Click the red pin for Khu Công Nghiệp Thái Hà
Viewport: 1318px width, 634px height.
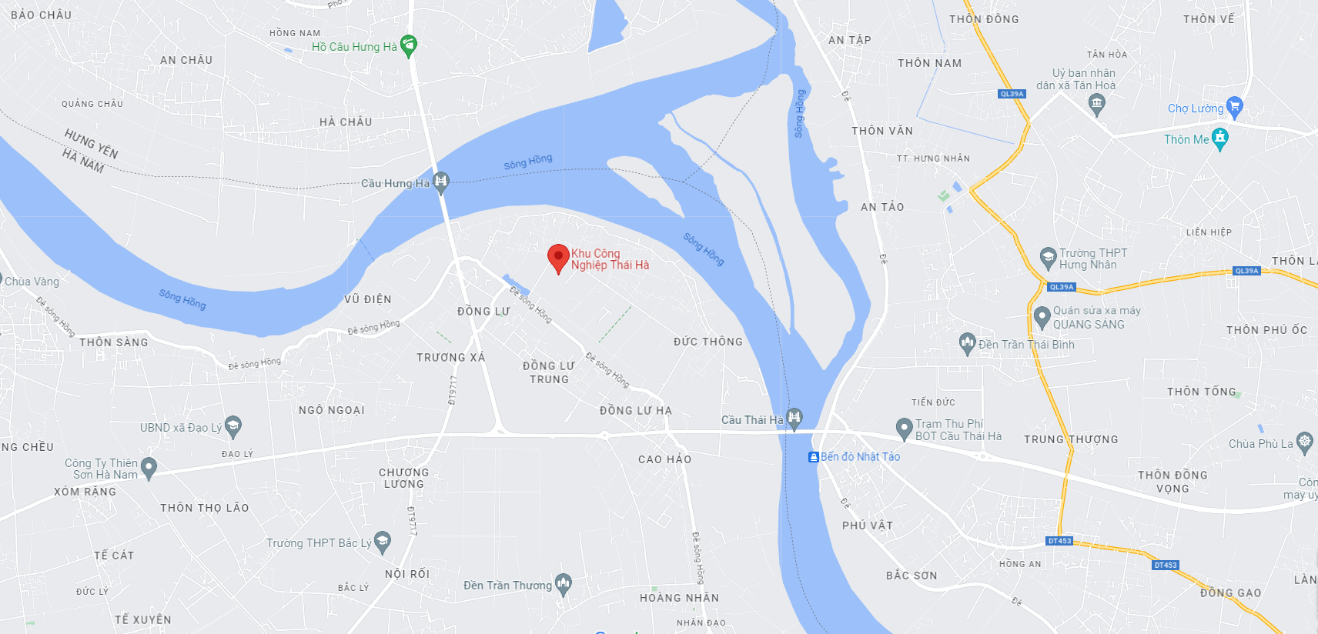coord(558,258)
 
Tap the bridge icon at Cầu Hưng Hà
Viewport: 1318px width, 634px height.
coord(441,182)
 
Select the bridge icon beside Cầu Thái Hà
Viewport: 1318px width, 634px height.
coord(794,418)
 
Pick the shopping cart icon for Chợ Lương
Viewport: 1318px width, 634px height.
coord(1234,106)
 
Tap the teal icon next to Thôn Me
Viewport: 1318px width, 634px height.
coord(1219,138)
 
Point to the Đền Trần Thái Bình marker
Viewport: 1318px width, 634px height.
coord(968,343)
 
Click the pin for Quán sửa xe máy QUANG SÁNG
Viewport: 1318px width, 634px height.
coord(1042,316)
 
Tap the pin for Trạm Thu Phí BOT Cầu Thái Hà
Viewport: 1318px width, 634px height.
coord(905,428)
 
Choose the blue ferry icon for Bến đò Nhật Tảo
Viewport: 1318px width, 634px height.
coord(813,457)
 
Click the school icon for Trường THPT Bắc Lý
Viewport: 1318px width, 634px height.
coord(382,541)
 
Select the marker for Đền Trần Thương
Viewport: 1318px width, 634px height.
coord(564,584)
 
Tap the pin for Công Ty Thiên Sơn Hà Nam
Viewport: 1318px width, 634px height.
coord(149,467)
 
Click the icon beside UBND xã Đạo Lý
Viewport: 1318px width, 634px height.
coord(233,425)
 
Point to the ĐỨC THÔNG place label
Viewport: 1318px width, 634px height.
coord(708,342)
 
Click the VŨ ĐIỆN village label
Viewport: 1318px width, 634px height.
coord(367,299)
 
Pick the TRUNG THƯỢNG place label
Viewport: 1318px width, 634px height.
coord(1071,439)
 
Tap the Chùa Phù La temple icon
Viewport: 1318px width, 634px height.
coord(1304,442)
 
